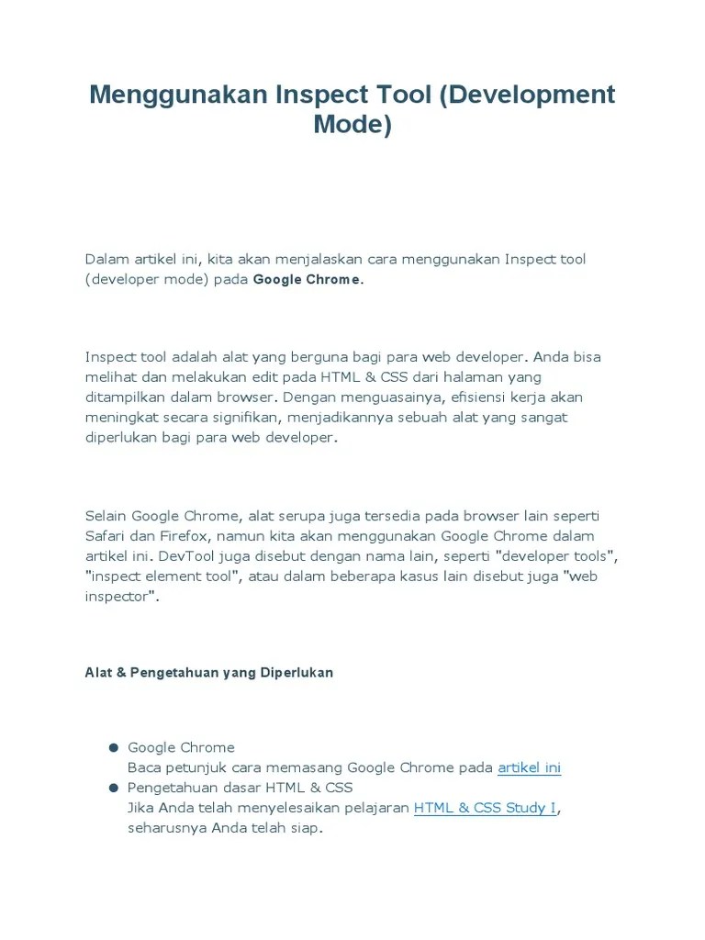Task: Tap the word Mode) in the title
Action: pyautogui.click(x=352, y=124)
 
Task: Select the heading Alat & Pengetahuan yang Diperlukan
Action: pyautogui.click(x=209, y=673)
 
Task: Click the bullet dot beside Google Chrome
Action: pyautogui.click(x=114, y=747)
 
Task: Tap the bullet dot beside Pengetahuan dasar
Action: pyautogui.click(x=114, y=788)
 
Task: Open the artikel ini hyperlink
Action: pyautogui.click(x=529, y=767)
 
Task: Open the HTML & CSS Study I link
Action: pyautogui.click(x=485, y=808)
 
